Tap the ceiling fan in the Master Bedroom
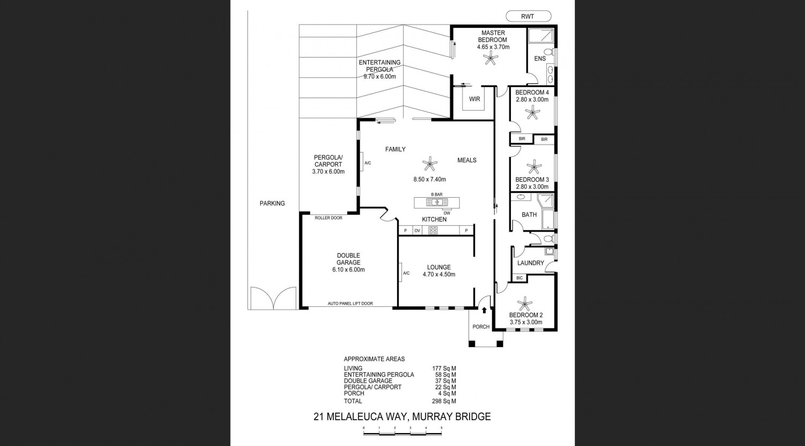(491, 57)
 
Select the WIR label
(474, 99)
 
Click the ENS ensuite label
(540, 59)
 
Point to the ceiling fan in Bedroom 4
(532, 112)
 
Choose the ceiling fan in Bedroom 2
(524, 304)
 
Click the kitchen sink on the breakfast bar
(437, 202)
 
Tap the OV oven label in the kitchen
(417, 231)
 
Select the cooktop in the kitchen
(433, 231)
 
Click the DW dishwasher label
(447, 213)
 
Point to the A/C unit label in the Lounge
(406, 273)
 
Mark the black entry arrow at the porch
(484, 310)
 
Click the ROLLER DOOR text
(328, 218)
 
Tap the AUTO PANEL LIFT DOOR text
(350, 304)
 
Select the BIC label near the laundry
(519, 278)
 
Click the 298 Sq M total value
(444, 401)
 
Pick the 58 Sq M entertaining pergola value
(445, 375)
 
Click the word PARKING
(272, 203)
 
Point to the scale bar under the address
(402, 434)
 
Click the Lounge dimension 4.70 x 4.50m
(439, 274)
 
